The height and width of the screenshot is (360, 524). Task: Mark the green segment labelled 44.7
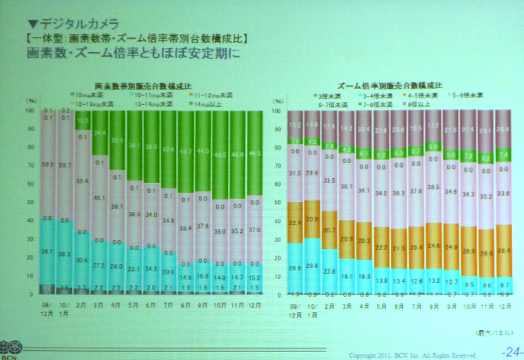[x=185, y=151]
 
